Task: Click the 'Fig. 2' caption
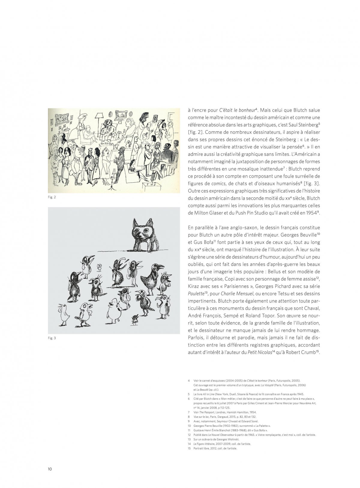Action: click(52, 197)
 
